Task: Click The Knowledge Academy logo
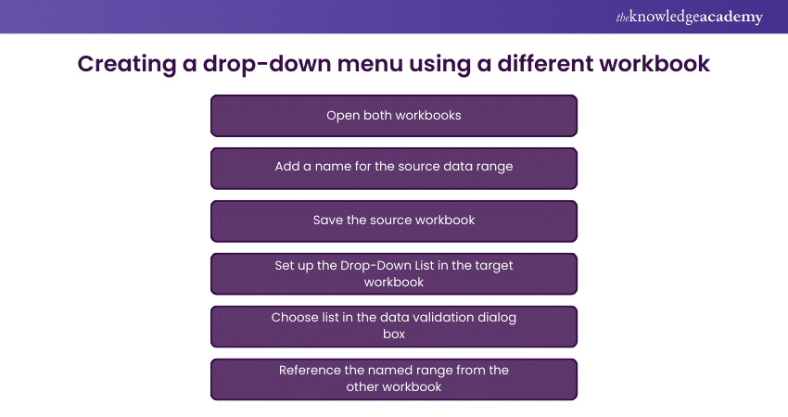(689, 18)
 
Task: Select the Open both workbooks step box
(394, 116)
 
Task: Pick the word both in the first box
(377, 116)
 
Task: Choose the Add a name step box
(394, 168)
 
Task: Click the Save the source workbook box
(394, 221)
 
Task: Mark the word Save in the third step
(329, 221)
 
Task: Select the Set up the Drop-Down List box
(394, 273)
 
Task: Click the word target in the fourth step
(491, 265)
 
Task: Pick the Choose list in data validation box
(394, 326)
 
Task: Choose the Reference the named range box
(394, 379)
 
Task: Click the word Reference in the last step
(311, 371)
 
